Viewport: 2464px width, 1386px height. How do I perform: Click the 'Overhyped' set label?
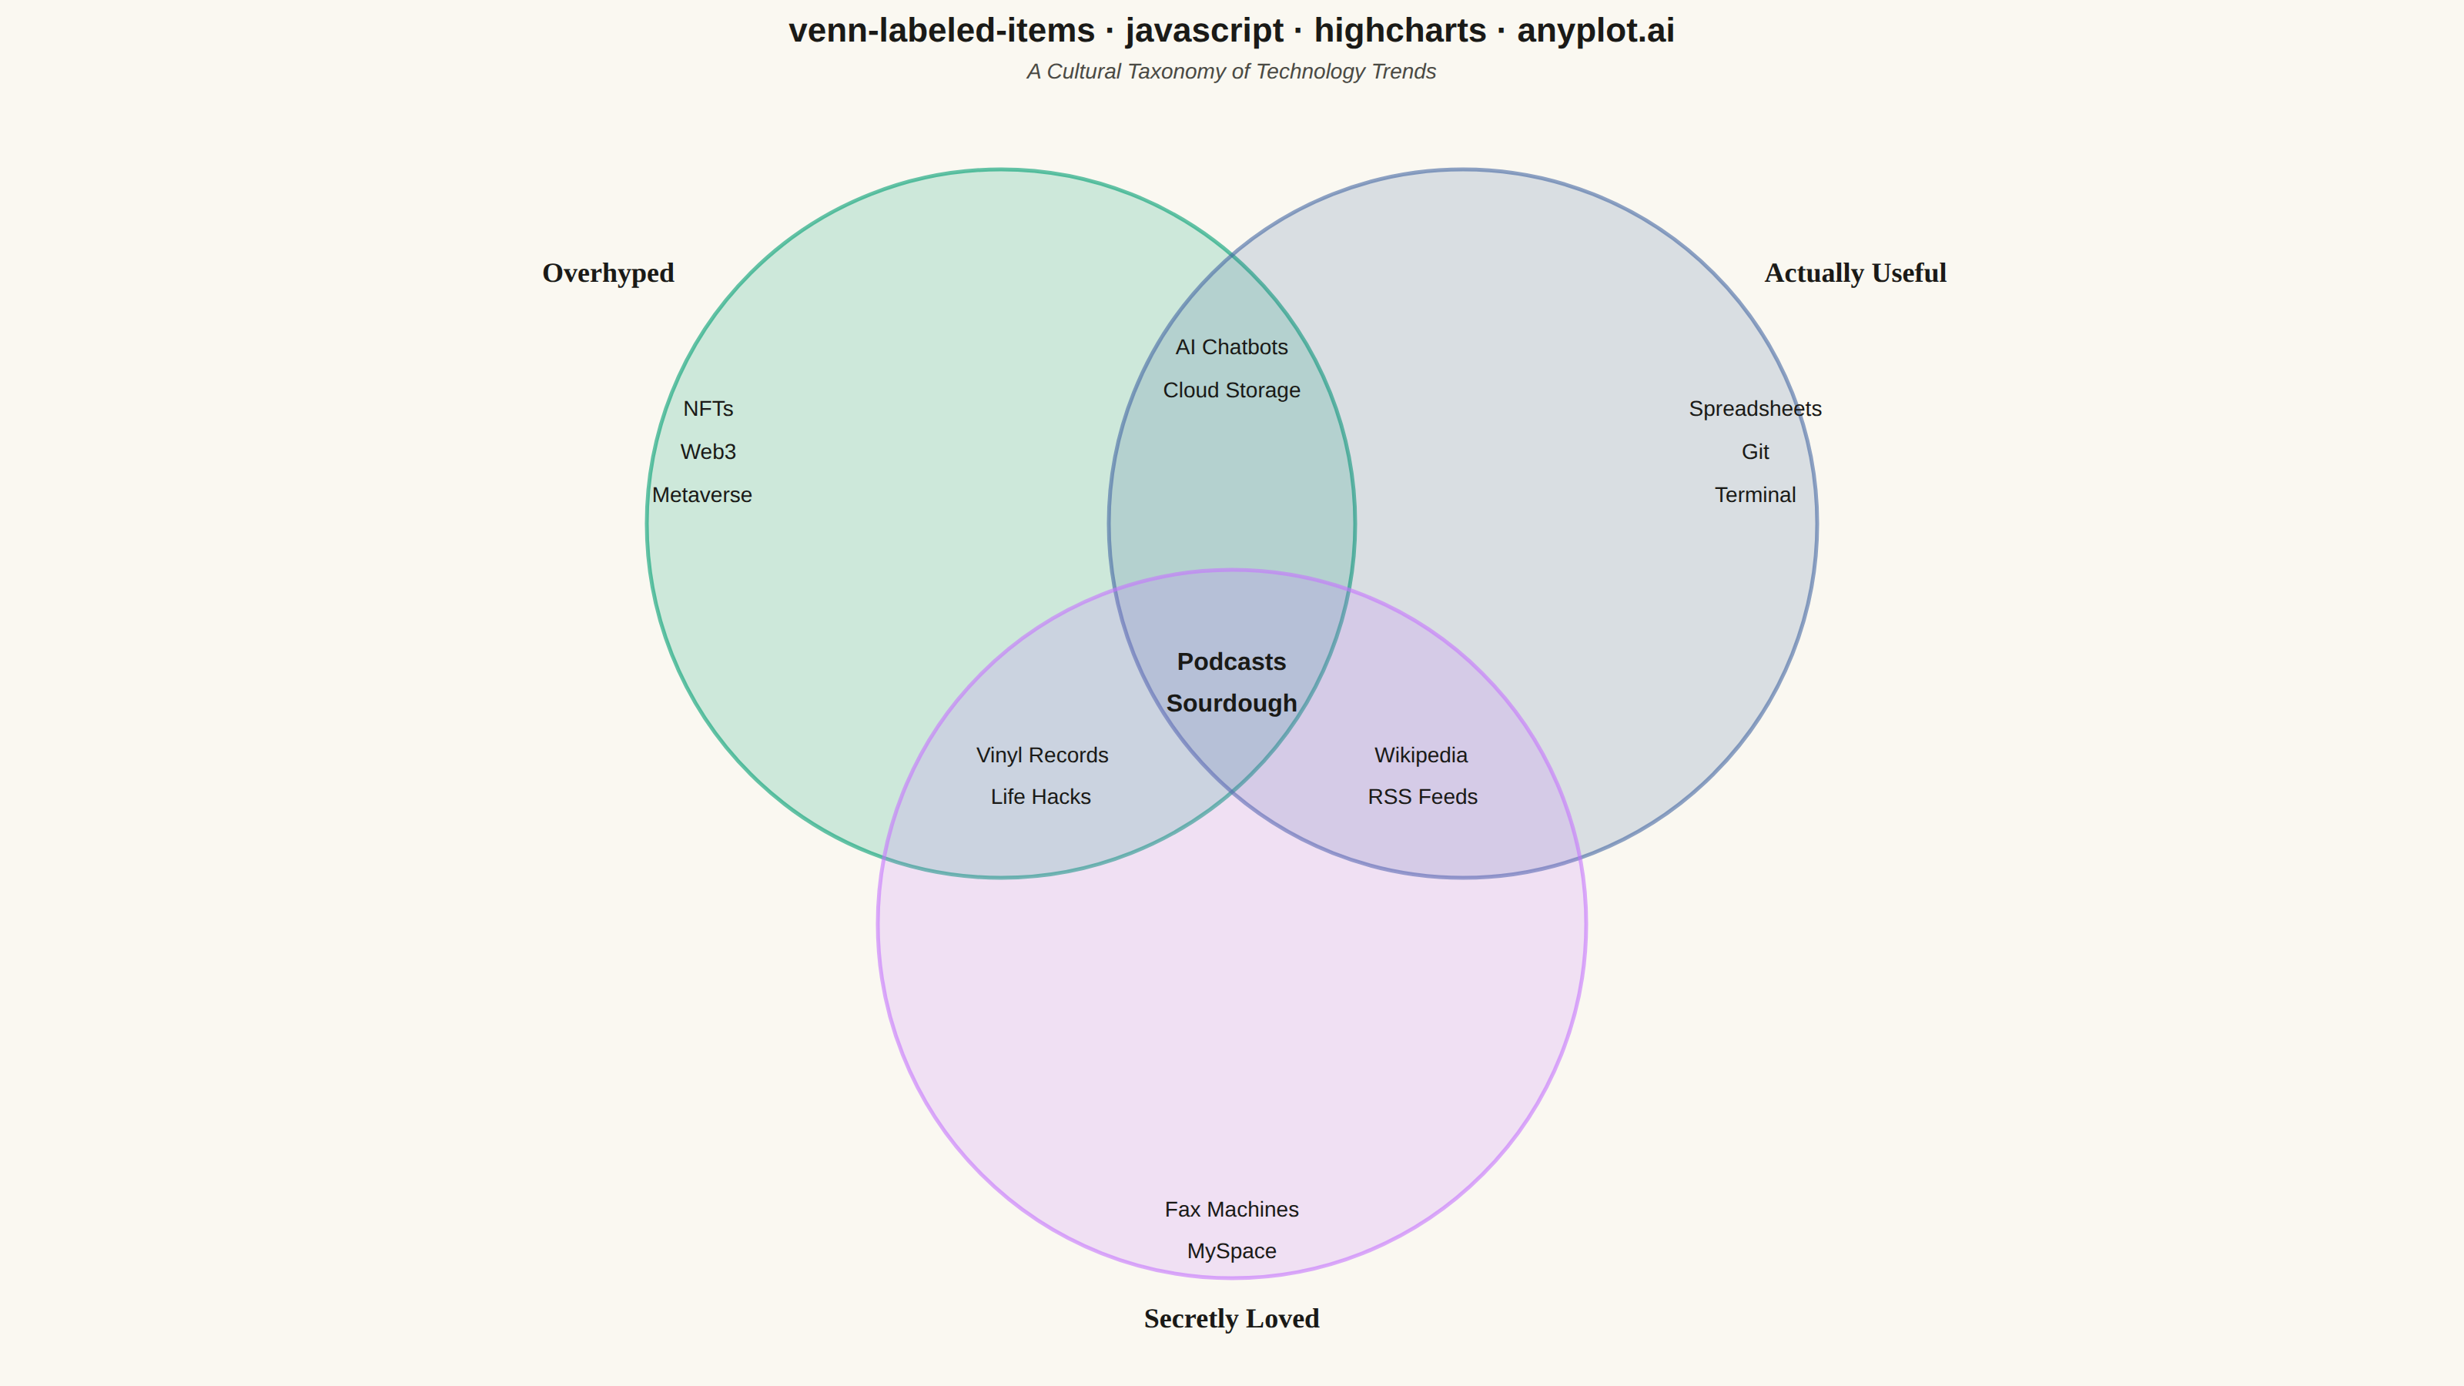click(x=608, y=273)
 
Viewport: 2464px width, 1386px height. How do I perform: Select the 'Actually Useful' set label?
click(x=1855, y=273)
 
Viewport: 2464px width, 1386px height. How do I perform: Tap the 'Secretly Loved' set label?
click(x=1231, y=1319)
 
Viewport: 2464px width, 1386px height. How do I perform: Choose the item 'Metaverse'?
click(x=702, y=495)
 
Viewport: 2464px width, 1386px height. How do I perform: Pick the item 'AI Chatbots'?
click(x=1231, y=347)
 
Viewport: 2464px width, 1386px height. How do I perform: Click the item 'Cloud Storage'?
click(x=1231, y=390)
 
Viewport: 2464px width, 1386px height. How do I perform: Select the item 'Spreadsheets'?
click(x=1756, y=410)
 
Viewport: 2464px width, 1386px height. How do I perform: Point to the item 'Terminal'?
click(x=1756, y=495)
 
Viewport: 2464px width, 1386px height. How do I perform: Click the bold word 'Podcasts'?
click(x=1231, y=662)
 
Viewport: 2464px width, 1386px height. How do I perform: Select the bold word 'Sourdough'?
click(x=1231, y=704)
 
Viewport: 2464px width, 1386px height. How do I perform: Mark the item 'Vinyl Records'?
click(x=1042, y=755)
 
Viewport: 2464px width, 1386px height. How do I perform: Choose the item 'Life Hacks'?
click(x=1041, y=797)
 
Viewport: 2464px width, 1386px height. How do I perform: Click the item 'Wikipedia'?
click(x=1421, y=755)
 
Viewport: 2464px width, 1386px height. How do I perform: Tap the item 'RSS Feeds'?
click(x=1422, y=797)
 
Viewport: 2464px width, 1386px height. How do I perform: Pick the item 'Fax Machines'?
click(x=1231, y=1209)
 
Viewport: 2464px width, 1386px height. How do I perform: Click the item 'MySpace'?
click(x=1231, y=1251)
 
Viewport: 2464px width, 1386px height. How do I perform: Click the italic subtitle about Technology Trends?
click(x=1231, y=72)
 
